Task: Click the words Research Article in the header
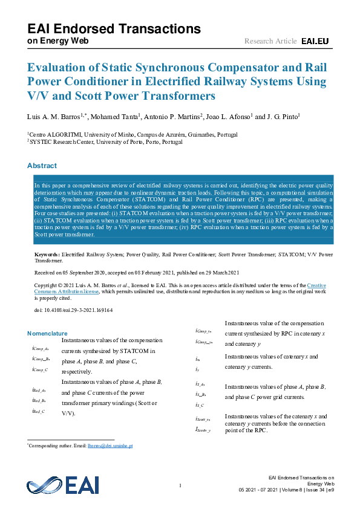[x=270, y=41]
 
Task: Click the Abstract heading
[x=42, y=166]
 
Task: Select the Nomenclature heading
[x=47, y=333]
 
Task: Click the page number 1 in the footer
[x=180, y=485]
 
